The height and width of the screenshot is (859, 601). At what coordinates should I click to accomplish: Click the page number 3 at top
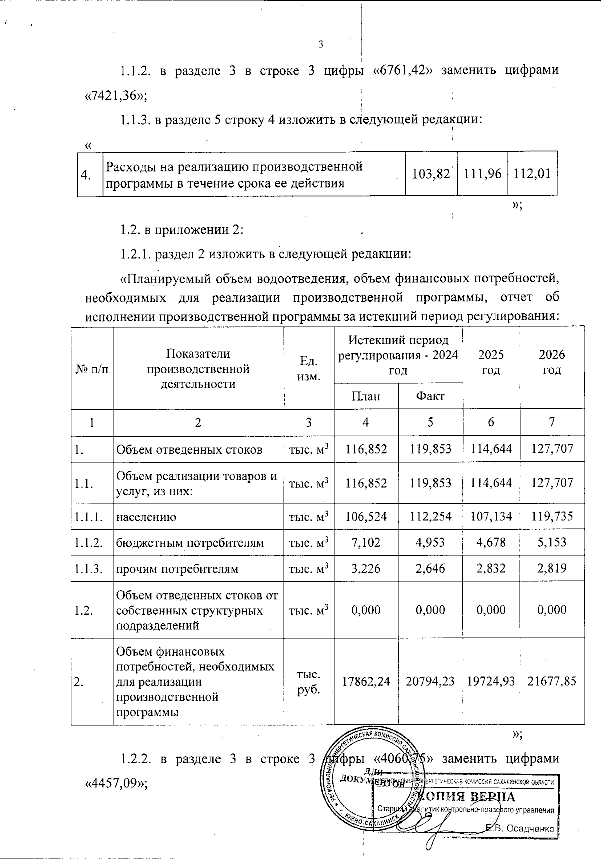tap(321, 44)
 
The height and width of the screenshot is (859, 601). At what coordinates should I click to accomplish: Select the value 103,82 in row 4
tap(430, 174)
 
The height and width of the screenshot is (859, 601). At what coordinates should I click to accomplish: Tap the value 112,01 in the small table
tap(532, 174)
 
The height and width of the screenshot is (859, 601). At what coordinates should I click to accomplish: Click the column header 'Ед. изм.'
tap(309, 369)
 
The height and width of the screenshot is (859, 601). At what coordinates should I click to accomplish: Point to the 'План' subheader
tap(366, 397)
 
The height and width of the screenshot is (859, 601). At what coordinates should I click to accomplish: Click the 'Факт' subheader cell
tap(430, 397)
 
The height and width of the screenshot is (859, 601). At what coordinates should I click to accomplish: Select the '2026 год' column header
tap(552, 362)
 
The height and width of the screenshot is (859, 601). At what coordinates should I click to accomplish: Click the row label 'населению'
tap(146, 517)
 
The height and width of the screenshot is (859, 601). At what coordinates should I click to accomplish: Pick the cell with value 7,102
tap(366, 543)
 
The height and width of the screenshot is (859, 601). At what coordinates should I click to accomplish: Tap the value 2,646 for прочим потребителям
tap(430, 569)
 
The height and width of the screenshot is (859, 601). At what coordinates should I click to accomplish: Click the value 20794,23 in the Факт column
tap(430, 681)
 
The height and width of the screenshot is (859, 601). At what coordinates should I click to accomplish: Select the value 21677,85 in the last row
tap(552, 681)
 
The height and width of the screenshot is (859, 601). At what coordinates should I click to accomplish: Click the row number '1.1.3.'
tap(89, 569)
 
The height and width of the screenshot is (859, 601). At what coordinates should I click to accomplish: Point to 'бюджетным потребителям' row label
tap(190, 543)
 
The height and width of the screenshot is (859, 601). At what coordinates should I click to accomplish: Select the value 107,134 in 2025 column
tap(491, 517)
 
